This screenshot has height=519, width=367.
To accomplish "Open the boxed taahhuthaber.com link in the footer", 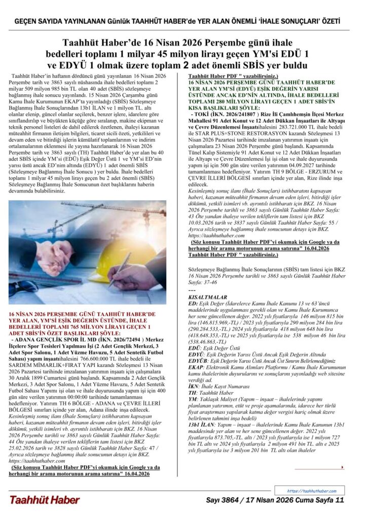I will click(312, 491).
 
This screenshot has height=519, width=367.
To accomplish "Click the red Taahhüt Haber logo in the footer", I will click(44, 500).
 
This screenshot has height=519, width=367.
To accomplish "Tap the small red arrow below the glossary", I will click(330, 467).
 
